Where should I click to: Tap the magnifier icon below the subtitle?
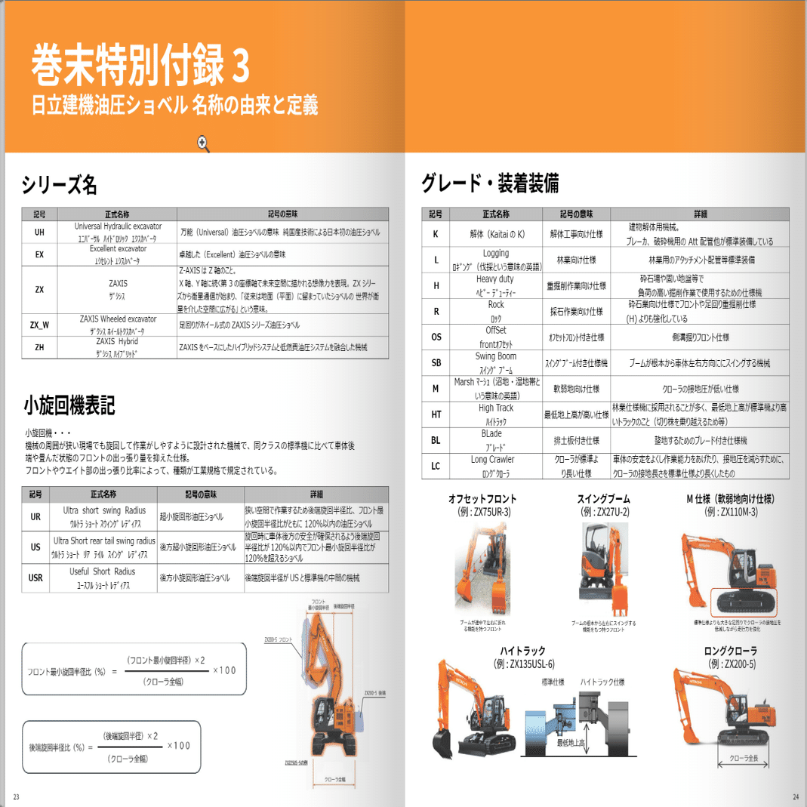pyautogui.click(x=202, y=142)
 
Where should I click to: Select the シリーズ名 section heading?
pyautogui.click(x=59, y=184)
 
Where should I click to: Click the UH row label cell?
pyautogui.click(x=39, y=232)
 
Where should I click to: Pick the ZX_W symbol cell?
pyautogui.click(x=39, y=325)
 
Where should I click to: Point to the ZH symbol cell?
pyautogui.click(x=39, y=347)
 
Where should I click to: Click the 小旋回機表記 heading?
pyautogui.click(x=69, y=406)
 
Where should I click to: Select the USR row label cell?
pyautogui.click(x=35, y=578)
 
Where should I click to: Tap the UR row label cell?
pyautogui.click(x=35, y=517)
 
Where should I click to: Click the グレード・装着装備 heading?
pyautogui.click(x=490, y=183)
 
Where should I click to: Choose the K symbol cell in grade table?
pyautogui.click(x=436, y=234)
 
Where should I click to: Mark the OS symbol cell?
pyautogui.click(x=436, y=337)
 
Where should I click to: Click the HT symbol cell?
pyautogui.click(x=436, y=414)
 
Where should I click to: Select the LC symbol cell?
pyautogui.click(x=436, y=466)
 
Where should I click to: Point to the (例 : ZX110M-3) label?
pyautogui.click(x=731, y=512)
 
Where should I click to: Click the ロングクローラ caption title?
pyautogui.click(x=730, y=651)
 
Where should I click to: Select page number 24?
pyautogui.click(x=795, y=797)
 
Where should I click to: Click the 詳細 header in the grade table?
pyautogui.click(x=701, y=214)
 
